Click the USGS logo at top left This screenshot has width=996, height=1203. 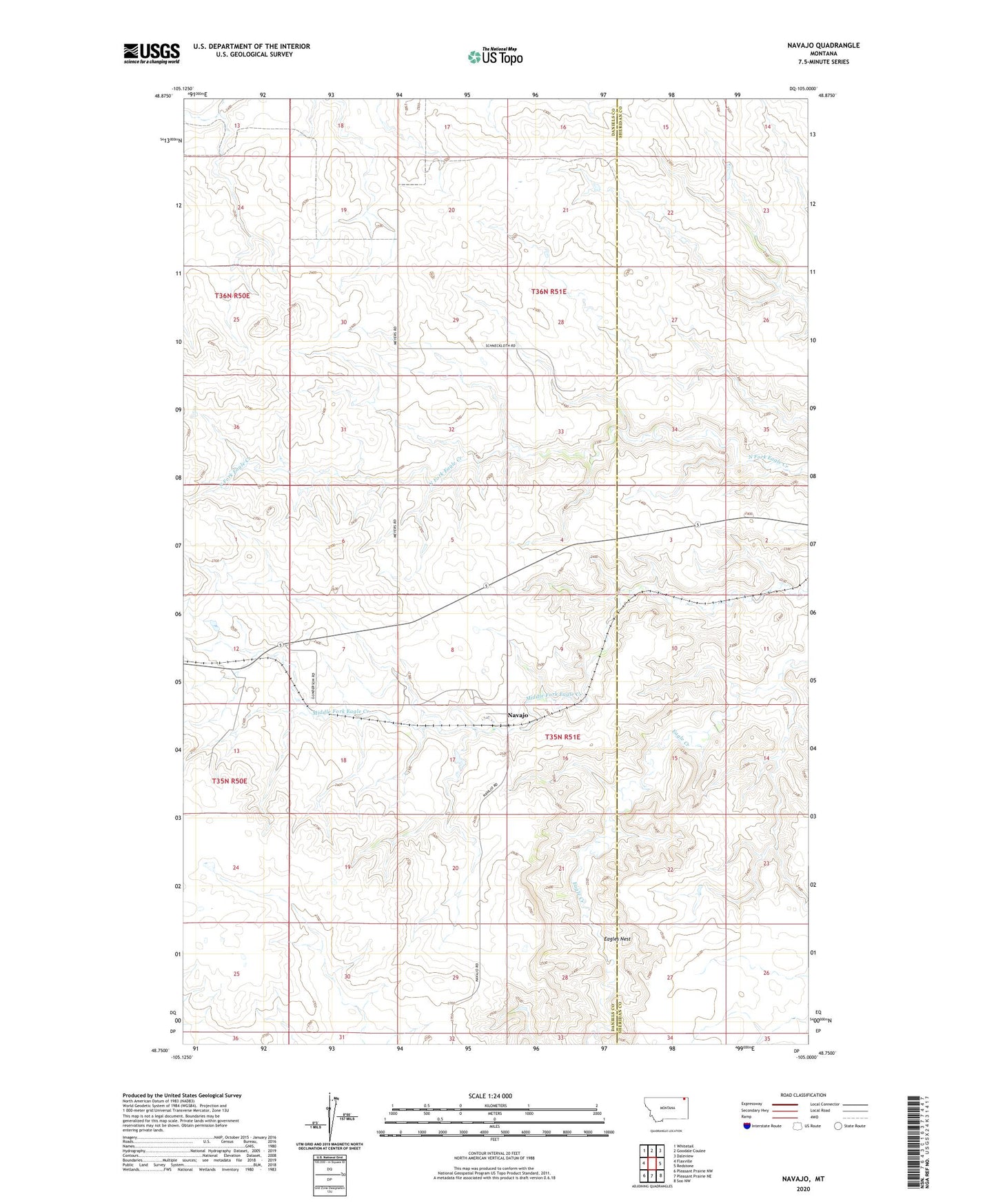point(151,53)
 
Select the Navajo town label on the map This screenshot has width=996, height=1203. point(518,715)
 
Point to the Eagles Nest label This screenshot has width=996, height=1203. point(617,938)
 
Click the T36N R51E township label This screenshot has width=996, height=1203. point(548,291)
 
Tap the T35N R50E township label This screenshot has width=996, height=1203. point(230,781)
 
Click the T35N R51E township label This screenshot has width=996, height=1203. point(562,737)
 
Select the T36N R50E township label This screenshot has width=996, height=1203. point(232,295)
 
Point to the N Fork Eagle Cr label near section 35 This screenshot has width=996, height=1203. point(767,460)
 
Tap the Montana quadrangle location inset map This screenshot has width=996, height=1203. point(665,1112)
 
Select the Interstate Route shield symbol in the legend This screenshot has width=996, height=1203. point(747,1126)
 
